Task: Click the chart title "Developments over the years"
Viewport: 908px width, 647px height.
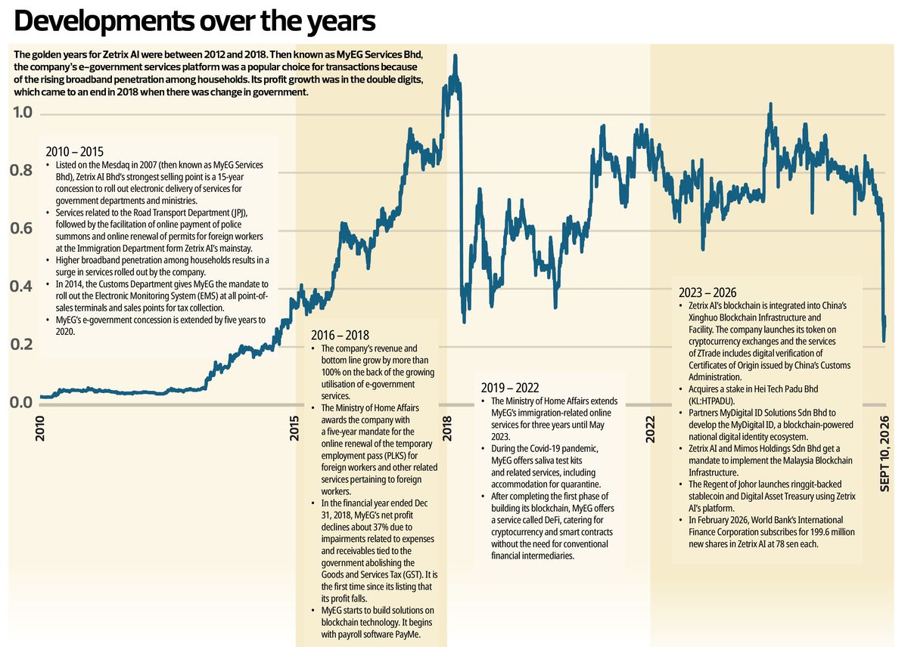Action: (x=194, y=21)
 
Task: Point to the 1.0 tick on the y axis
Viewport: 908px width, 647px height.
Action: (x=23, y=112)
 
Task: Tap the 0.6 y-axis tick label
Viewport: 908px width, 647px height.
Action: (x=21, y=228)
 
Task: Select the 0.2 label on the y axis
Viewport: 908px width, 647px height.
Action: (x=21, y=344)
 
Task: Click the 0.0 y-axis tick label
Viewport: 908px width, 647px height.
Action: (x=21, y=402)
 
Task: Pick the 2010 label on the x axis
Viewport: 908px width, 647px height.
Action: (x=39, y=429)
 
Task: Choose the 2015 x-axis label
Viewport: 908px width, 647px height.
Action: (x=294, y=429)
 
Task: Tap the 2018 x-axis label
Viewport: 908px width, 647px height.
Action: (x=446, y=429)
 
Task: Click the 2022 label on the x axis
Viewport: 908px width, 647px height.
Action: (x=650, y=429)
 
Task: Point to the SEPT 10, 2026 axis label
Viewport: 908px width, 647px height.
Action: (x=885, y=454)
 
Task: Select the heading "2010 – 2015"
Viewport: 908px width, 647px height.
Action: (x=75, y=151)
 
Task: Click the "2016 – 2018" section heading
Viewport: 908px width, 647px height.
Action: (x=340, y=336)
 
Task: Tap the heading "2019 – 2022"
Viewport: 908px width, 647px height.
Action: (x=510, y=388)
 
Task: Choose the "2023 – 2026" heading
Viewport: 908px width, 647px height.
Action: (x=707, y=293)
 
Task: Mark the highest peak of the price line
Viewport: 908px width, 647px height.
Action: (x=456, y=56)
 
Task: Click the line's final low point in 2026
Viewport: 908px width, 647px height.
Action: (x=884, y=341)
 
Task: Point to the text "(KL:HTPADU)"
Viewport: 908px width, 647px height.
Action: (x=711, y=401)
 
